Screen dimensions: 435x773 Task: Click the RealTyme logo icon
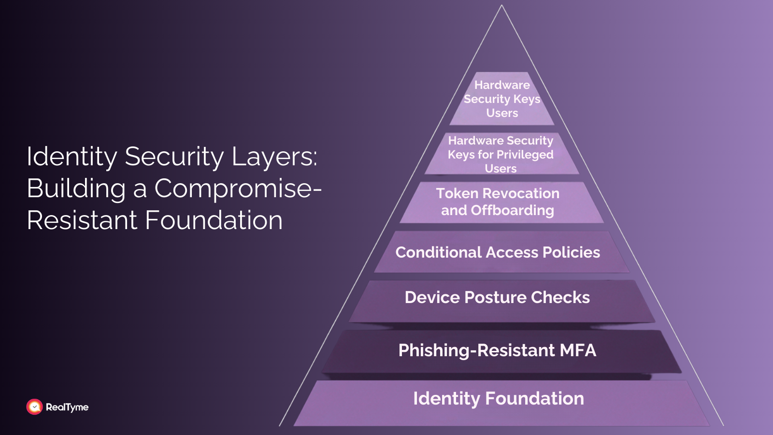[x=34, y=407]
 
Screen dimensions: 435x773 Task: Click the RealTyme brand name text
[x=67, y=407]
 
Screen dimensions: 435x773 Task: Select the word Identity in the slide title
[x=72, y=157]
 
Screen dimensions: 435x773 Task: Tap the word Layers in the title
[x=274, y=157]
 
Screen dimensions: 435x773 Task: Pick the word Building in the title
[x=76, y=188]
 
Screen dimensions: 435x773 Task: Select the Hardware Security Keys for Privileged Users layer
[x=501, y=154]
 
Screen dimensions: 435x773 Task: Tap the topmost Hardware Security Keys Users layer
[x=502, y=99]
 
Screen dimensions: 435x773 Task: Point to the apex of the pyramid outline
[x=501, y=6]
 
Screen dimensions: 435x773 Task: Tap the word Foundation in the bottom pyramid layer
[x=534, y=399]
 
